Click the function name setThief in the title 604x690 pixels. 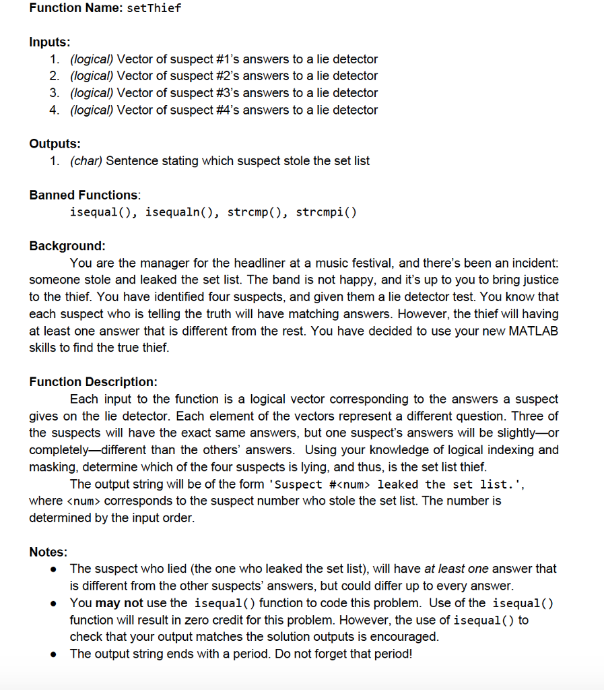point(154,8)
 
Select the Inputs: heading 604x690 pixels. point(50,42)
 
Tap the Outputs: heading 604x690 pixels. point(55,144)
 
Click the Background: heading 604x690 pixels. point(67,245)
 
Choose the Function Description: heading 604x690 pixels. point(93,381)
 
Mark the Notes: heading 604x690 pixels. point(48,552)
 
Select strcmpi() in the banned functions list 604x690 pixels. point(326,212)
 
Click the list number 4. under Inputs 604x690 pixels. point(55,110)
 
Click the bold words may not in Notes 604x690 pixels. point(119,602)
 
